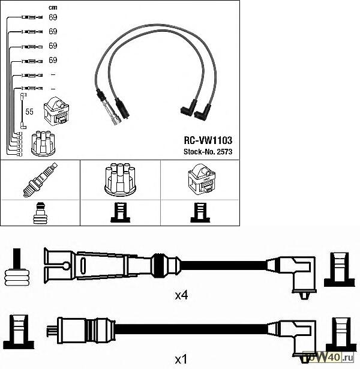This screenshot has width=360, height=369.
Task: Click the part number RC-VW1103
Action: [207, 139]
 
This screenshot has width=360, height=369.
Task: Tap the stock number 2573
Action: [207, 151]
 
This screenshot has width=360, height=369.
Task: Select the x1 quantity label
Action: [181, 359]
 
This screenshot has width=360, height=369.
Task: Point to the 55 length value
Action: [29, 112]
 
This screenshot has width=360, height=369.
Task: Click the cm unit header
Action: [52, 7]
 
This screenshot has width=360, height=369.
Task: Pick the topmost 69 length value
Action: [53, 17]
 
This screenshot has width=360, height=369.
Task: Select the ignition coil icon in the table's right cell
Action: [200, 179]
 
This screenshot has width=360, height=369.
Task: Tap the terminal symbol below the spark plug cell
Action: [40, 213]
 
